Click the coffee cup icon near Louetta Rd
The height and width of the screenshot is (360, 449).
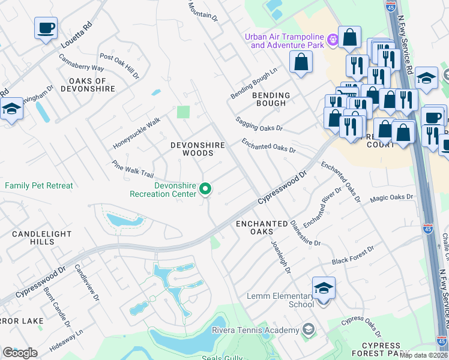click(46, 28)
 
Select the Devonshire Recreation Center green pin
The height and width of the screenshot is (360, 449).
click(205, 190)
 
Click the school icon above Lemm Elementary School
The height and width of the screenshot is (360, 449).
click(324, 289)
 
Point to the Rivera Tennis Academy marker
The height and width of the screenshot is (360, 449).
click(308, 329)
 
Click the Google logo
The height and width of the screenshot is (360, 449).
click(20, 352)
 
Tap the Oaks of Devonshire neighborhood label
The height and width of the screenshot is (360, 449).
click(87, 85)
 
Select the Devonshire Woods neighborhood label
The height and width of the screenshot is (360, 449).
click(197, 149)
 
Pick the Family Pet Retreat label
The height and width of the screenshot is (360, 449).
click(39, 185)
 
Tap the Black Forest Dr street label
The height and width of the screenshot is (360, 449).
click(353, 256)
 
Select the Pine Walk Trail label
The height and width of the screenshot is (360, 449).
click(133, 169)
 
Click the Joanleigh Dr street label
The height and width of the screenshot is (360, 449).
click(281, 258)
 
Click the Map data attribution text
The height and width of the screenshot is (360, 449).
click(423, 355)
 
